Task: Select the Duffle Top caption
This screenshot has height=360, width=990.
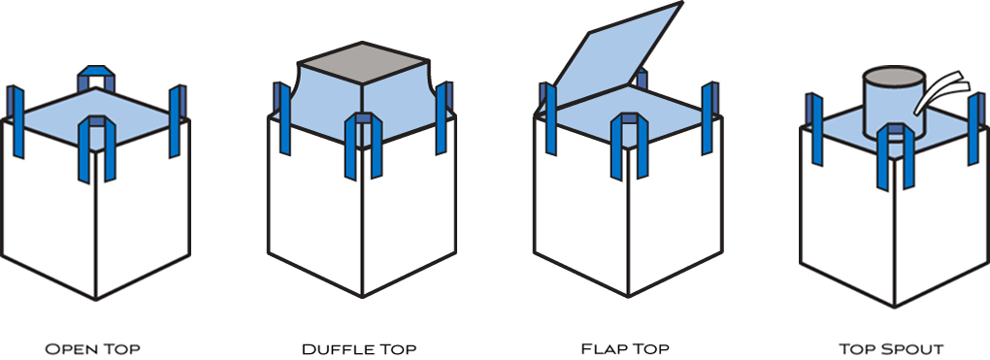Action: (362, 347)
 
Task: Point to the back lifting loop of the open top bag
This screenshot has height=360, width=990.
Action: (96, 78)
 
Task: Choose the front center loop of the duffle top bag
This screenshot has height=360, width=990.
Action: (362, 146)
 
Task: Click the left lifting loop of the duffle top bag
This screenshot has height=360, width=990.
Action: (281, 116)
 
